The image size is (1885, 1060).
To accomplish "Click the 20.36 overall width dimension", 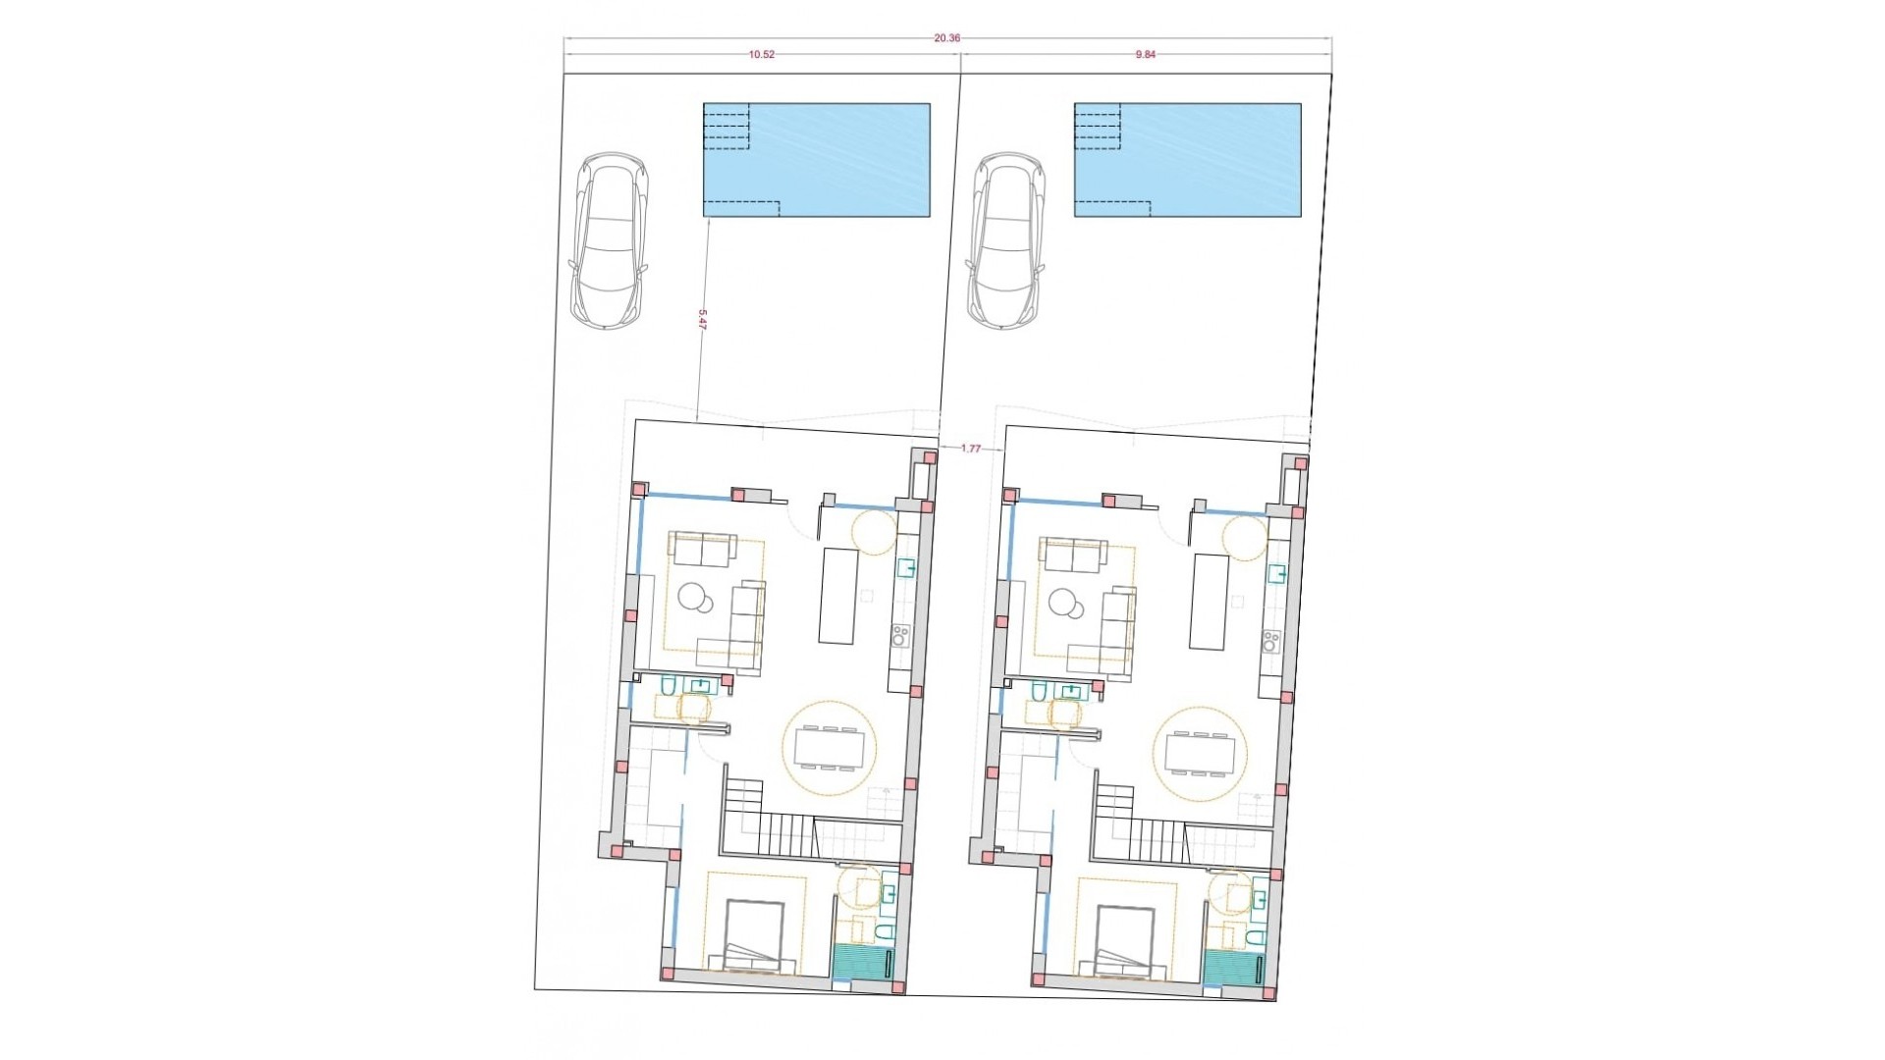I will point(946,38).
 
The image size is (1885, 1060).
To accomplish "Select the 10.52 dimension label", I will point(762,55).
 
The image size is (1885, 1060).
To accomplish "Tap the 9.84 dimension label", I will point(1146,55).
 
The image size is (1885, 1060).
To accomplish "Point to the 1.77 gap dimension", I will point(970,449).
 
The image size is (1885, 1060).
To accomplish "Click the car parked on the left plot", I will point(609,240).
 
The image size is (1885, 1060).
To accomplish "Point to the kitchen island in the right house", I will point(1209,601).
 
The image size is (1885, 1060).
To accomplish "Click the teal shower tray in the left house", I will point(856,960).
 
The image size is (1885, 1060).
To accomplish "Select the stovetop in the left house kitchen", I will point(900,638).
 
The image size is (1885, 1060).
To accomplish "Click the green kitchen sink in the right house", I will point(1277,571).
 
